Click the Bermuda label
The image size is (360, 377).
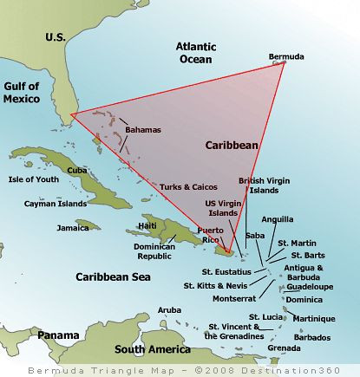pos(286,57)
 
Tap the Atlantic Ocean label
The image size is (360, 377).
pos(200,52)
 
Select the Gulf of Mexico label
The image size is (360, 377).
pos(22,92)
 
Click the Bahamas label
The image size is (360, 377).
pos(143,129)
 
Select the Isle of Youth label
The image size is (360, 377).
pos(33,179)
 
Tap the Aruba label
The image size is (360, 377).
pos(169,309)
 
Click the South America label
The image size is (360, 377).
pos(154,349)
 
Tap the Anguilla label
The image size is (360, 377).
pos(277,219)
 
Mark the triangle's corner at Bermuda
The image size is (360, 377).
pos(285,63)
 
